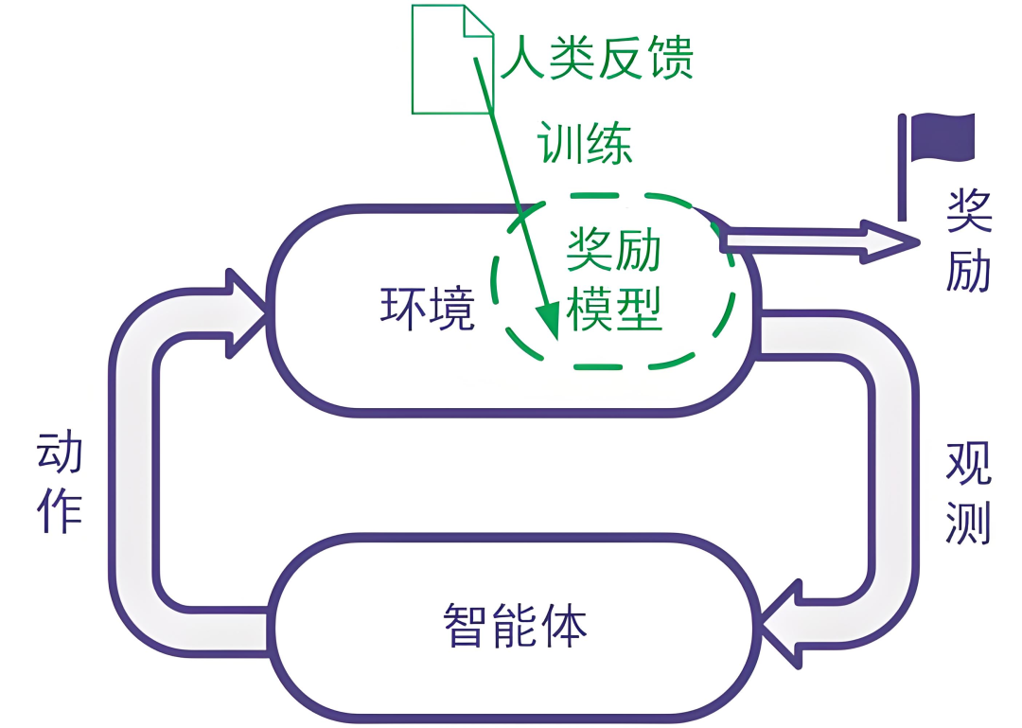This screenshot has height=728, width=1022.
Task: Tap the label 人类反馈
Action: tap(597, 58)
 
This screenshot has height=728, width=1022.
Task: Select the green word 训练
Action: tap(584, 143)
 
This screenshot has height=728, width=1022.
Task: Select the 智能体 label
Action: tap(515, 624)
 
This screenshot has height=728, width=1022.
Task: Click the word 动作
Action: tap(60, 483)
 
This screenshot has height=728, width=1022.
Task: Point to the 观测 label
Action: tap(968, 492)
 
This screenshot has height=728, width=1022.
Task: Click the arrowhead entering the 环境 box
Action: tap(248, 311)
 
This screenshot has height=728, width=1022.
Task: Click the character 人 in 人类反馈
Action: tap(525, 58)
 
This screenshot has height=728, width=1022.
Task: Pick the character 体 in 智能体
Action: tap(563, 624)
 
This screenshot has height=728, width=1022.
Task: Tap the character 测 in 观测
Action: tap(968, 521)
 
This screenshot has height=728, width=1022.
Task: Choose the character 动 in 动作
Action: tap(60, 454)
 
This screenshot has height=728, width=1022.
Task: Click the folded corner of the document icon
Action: tap(480, 21)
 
